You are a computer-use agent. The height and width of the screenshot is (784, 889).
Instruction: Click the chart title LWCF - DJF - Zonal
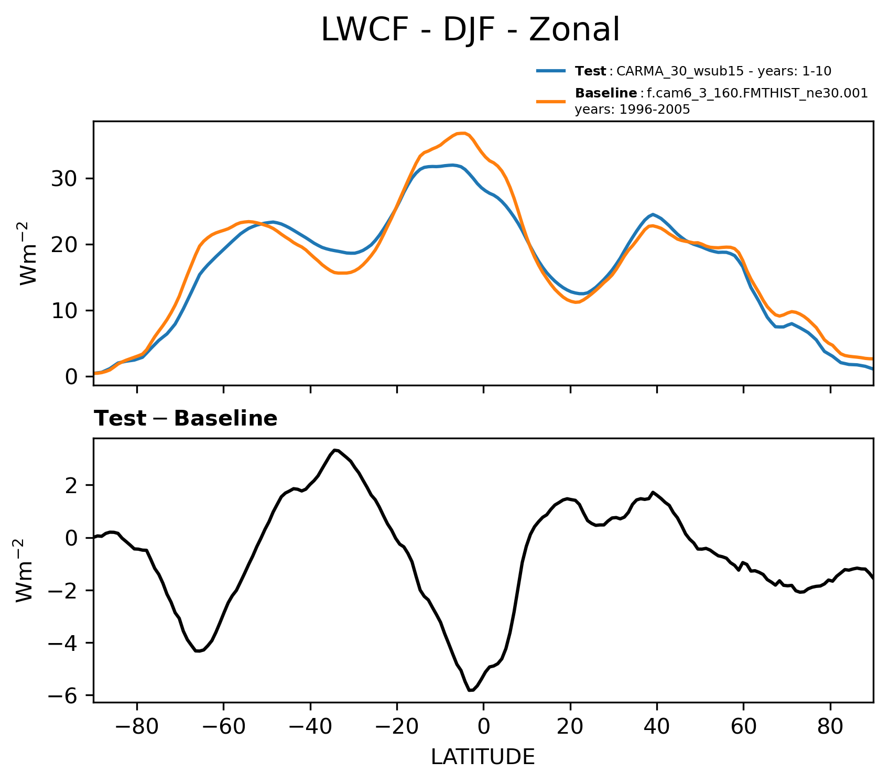coord(470,30)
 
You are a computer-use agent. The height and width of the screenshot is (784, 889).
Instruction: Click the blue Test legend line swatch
coord(551,71)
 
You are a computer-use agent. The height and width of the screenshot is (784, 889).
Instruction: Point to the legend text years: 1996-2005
coord(632,110)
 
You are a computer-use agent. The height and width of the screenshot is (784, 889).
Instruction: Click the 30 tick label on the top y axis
coord(64,179)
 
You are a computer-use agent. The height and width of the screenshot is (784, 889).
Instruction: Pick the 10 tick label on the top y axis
coord(64,311)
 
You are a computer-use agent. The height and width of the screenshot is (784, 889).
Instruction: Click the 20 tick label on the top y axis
coord(64,245)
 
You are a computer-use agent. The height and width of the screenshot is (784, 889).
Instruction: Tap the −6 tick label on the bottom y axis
coord(62,696)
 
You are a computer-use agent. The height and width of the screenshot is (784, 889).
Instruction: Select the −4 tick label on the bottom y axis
coord(62,643)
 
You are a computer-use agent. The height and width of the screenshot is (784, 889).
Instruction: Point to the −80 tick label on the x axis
coord(136,728)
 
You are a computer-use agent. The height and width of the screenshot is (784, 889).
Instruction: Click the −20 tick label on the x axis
coord(396,728)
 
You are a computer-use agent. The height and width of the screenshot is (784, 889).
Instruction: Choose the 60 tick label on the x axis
coord(743,728)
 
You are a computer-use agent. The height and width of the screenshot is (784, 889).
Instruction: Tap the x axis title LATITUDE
coord(483,757)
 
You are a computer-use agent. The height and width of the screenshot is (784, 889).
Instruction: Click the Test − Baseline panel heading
coord(186,419)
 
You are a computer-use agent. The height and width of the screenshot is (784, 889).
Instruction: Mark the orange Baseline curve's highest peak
coord(462,133)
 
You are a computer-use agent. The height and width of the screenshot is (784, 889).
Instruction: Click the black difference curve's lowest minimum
coord(471,690)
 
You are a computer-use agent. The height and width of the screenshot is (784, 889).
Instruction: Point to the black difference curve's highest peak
coord(335,450)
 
